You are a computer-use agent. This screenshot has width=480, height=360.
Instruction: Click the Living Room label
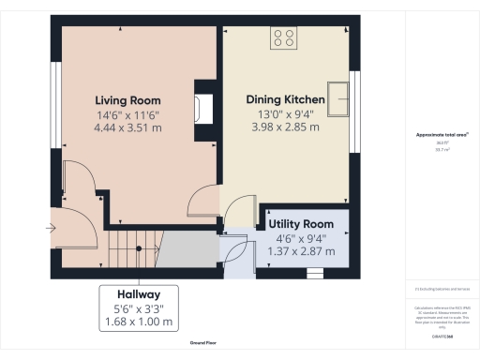coord(127,100)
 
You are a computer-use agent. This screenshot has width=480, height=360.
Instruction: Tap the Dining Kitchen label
coord(285,99)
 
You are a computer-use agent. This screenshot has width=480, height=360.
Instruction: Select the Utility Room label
coord(300,225)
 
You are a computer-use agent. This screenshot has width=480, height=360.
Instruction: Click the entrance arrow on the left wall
coord(49,227)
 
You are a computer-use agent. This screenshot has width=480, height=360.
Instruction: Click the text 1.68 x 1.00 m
coord(138,322)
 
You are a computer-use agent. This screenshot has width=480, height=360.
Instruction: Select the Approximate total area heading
coord(437,135)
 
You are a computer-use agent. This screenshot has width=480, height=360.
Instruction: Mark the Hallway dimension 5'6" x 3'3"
coord(138,307)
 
